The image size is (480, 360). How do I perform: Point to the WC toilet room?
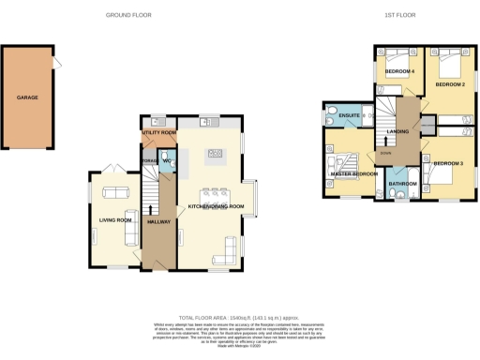[166, 161]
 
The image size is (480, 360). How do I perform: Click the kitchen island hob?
[215, 154]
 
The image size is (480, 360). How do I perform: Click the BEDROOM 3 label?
[447, 163]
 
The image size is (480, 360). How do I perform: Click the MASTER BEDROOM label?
[352, 173]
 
